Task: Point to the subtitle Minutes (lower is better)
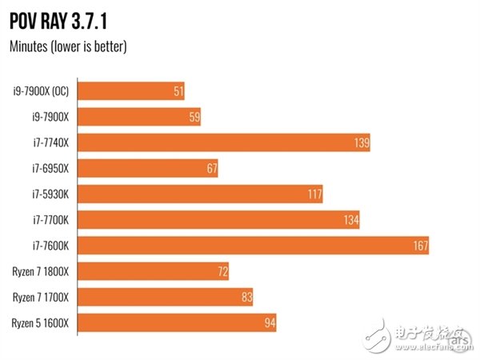tap(68, 46)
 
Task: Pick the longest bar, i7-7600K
tap(255, 246)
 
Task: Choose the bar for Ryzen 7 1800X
tap(155, 272)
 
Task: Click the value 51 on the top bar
tap(178, 91)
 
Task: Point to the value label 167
tap(419, 246)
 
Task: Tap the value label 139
tap(360, 143)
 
